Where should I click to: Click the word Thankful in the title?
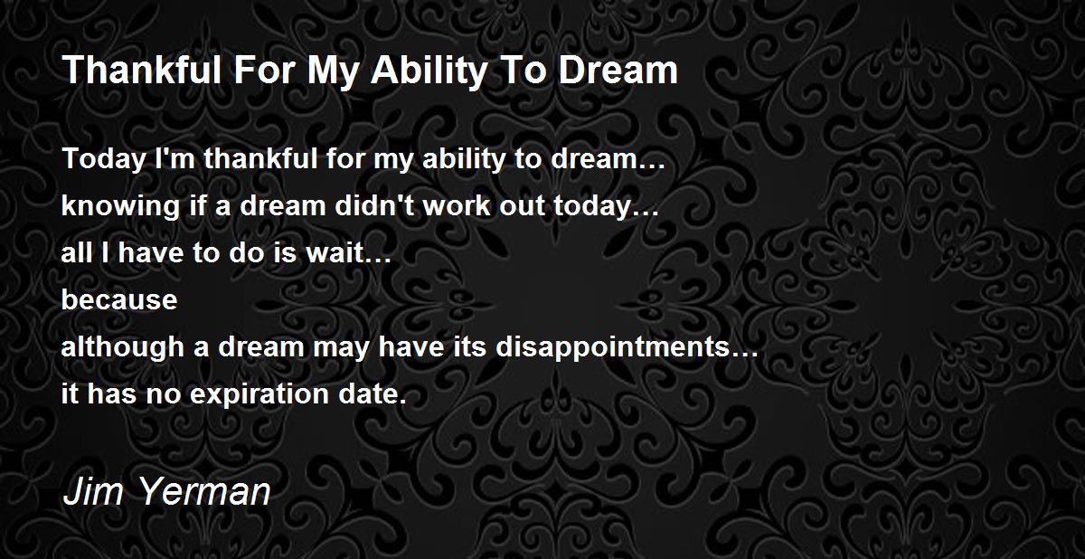pyautogui.click(x=142, y=70)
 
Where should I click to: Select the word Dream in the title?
pyautogui.click(x=618, y=70)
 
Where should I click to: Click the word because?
pyautogui.click(x=119, y=299)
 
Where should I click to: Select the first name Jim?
pyautogui.click(x=92, y=492)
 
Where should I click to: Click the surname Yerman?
pyautogui.click(x=205, y=492)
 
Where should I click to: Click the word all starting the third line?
pyautogui.click(x=77, y=252)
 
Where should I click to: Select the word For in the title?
pyautogui.click(x=264, y=70)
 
